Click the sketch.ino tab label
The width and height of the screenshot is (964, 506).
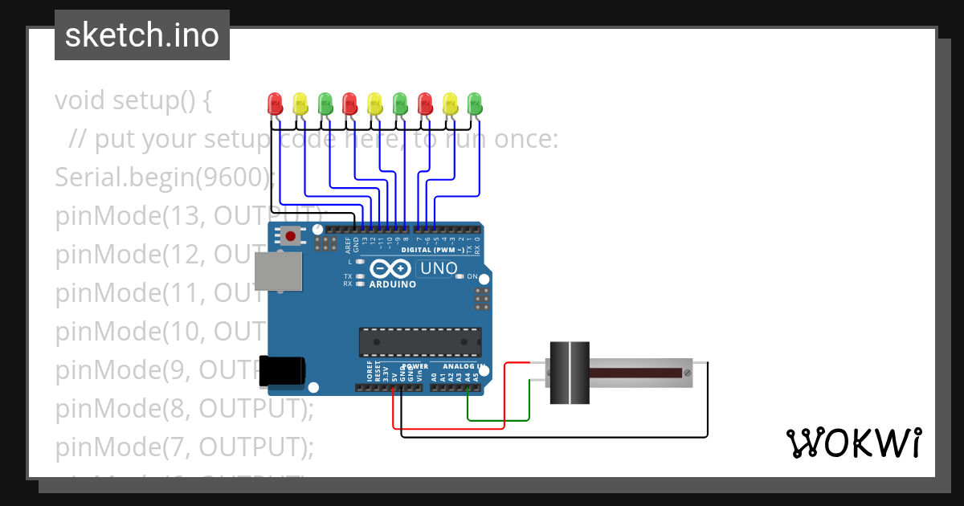click(x=142, y=35)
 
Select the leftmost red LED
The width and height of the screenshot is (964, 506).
click(x=275, y=103)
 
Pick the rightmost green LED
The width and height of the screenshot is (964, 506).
click(x=475, y=103)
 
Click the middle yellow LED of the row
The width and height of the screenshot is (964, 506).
click(x=374, y=103)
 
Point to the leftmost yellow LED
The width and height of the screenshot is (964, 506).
click(x=300, y=103)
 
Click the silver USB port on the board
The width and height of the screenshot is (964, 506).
click(x=278, y=271)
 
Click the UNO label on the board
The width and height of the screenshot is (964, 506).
click(x=439, y=268)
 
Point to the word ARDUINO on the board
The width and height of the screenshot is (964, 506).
click(x=393, y=284)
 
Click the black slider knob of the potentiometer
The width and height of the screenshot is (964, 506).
click(x=570, y=373)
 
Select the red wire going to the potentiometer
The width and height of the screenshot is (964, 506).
click(x=504, y=398)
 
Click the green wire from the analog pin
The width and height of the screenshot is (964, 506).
click(x=498, y=419)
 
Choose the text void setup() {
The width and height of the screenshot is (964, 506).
click(x=133, y=100)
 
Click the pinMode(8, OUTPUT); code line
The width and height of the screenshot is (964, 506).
click(x=184, y=408)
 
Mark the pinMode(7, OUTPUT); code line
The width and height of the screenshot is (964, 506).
click(x=184, y=447)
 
